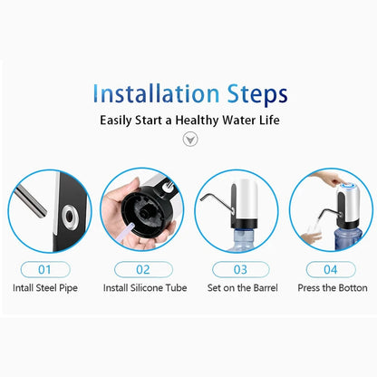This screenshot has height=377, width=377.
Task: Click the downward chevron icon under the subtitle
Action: coord(189,140)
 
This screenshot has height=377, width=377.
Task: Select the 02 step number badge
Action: coord(142,268)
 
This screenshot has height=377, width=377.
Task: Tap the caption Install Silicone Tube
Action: coord(142,288)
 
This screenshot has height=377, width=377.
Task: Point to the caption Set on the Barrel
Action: coord(237,288)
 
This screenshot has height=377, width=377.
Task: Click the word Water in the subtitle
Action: coord(246,119)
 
